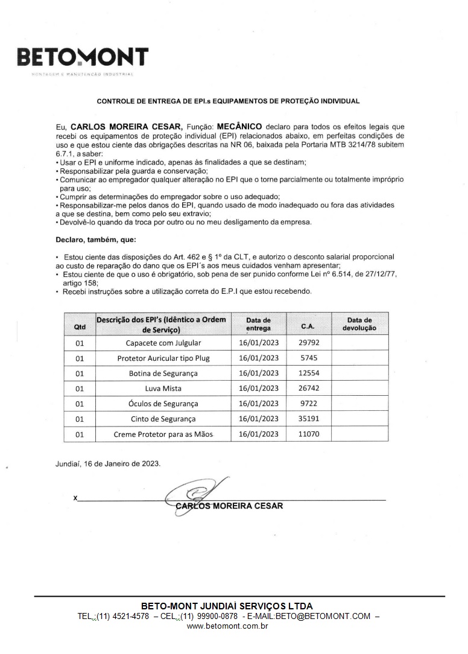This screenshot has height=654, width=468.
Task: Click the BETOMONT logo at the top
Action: pos(83,59)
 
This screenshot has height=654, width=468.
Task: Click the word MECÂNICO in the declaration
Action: pos(239,127)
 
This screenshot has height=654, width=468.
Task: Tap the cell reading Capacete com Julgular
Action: pos(163,343)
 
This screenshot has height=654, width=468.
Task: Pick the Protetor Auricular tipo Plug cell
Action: pos(163,358)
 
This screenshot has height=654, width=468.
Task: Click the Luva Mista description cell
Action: pos(163,389)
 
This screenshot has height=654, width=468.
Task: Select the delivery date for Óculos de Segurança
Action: pos(259,404)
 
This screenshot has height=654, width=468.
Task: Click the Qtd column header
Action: pos(80,326)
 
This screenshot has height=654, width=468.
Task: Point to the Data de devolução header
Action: pos(359,324)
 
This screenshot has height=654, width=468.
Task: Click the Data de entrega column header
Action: pos(259,324)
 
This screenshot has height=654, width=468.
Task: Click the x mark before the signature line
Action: pos(75,498)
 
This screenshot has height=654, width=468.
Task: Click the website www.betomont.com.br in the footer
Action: pos(227,626)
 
